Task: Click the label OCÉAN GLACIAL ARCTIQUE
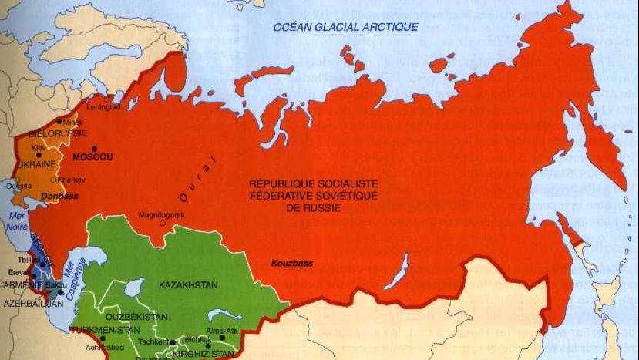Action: coord(346,27)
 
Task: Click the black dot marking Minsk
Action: coord(59,122)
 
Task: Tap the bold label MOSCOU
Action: coord(92,157)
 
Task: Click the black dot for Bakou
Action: coord(60,292)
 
